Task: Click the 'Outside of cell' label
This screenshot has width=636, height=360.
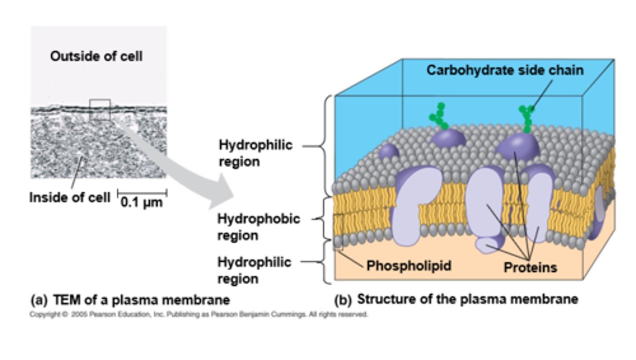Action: point(96,57)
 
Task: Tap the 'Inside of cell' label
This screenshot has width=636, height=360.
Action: point(69,197)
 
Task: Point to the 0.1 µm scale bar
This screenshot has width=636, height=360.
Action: point(142,193)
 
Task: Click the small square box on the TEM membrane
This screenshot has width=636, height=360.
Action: point(99,110)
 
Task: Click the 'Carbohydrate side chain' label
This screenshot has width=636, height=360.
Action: point(505,70)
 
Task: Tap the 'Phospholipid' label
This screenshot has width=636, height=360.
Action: point(409,265)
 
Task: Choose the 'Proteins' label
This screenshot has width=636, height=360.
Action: point(530,267)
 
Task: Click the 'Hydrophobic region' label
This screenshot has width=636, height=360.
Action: point(258,227)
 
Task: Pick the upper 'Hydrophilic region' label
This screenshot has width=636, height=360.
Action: point(255,153)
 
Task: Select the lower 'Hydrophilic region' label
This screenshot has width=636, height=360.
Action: point(254,270)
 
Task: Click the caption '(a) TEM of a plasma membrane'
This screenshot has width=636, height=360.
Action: point(130,300)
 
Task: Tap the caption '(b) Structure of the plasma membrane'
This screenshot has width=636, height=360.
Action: point(456,299)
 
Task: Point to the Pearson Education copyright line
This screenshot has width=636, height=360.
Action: point(198,315)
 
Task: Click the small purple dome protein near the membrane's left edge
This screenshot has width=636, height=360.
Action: point(389,152)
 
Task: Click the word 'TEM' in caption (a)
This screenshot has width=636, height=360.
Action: point(65,300)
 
